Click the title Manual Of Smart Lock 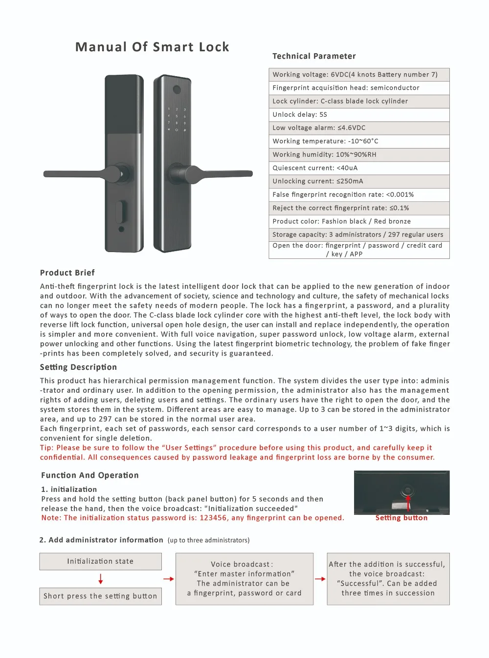click(x=152, y=47)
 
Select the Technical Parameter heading click(x=314, y=56)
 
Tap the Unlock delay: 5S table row click(x=359, y=114)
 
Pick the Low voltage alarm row click(x=359, y=128)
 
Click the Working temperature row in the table click(x=359, y=141)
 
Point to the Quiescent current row click(x=359, y=168)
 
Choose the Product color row click(x=359, y=221)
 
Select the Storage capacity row click(x=359, y=234)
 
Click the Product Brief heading click(x=67, y=273)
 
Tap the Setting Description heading click(x=78, y=367)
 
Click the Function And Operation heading click(x=90, y=475)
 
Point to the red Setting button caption click(x=401, y=518)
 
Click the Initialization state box click(x=100, y=561)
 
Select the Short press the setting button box click(x=100, y=596)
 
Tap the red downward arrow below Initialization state click(x=101, y=579)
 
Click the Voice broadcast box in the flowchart click(x=244, y=579)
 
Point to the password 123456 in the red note click(x=213, y=518)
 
